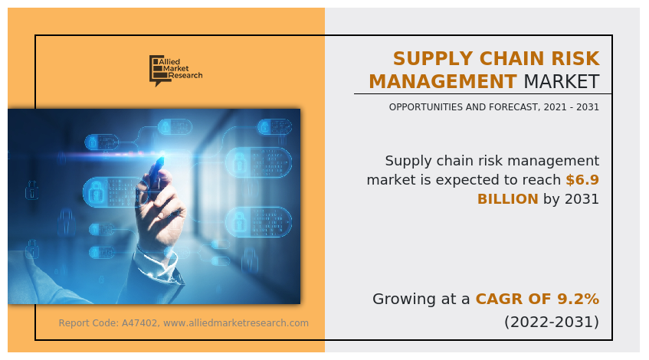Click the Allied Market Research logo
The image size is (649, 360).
[176, 70]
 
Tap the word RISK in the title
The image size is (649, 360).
[575, 58]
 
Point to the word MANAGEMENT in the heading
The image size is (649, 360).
[442, 81]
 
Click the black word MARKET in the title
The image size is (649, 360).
[562, 81]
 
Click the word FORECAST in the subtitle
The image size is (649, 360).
[514, 107]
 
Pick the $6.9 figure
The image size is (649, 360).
[582, 179]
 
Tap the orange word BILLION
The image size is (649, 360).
[508, 199]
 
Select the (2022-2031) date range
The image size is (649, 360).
[552, 322]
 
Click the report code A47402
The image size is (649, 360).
[139, 322]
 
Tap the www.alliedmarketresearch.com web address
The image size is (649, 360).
[236, 322]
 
